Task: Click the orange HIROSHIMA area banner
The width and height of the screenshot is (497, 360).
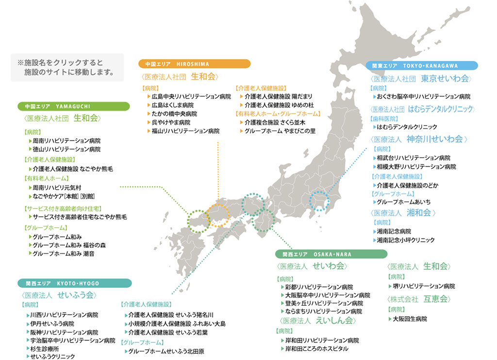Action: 194,64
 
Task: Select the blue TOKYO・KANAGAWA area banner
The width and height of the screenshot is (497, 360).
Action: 422,65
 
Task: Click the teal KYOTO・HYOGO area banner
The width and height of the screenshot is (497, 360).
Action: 75,283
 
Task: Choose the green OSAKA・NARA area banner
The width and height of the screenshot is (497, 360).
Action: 331,254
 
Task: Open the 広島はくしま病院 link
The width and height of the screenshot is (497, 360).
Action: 172,105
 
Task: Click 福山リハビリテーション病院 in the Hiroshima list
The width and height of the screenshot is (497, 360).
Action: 185,131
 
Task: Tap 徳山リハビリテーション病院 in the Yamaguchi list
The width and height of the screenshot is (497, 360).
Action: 66,149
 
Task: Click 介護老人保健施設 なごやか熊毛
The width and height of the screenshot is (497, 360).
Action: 73,169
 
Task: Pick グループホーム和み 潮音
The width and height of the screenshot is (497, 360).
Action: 64,253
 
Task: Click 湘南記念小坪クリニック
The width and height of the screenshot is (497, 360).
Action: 406,240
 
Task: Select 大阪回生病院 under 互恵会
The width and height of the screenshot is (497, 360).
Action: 410,319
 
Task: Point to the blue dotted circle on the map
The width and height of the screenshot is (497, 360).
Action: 319,201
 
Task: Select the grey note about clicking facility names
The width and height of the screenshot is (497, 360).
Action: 67,67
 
